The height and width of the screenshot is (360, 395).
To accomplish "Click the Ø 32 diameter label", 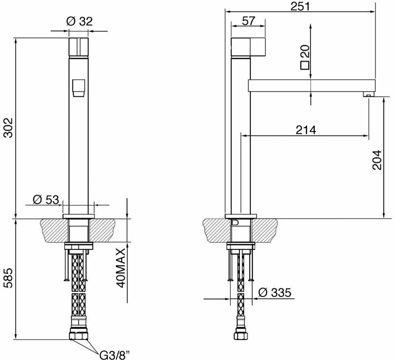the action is pyautogui.click(x=79, y=21).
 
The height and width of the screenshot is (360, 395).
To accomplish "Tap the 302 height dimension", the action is pyautogui.click(x=8, y=127).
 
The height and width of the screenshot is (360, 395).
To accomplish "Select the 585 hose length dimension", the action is pyautogui.click(x=8, y=278).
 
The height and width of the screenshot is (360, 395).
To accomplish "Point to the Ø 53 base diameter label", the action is pyautogui.click(x=45, y=200).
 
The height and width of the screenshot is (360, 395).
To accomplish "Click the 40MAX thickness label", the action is pyautogui.click(x=120, y=268).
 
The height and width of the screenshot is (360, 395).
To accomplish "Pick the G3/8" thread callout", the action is pyautogui.click(x=114, y=356).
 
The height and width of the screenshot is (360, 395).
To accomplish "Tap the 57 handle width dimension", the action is pyautogui.click(x=248, y=21).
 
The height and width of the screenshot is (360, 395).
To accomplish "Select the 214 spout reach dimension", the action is pyautogui.click(x=306, y=130).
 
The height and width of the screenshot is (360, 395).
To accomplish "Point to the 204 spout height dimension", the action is pyautogui.click(x=377, y=160).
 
